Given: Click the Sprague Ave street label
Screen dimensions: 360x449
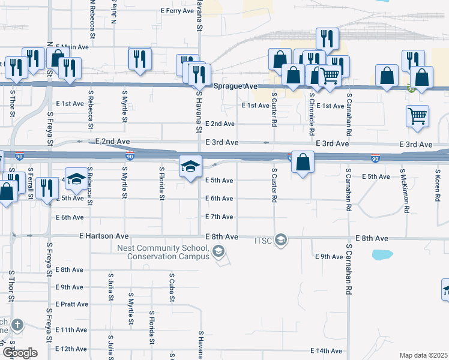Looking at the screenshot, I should click(x=235, y=86).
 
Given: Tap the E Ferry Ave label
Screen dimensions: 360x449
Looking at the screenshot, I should click(x=177, y=11).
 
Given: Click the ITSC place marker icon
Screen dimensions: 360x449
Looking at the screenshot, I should click(x=280, y=240).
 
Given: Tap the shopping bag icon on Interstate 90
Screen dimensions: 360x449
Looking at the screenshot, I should click(x=304, y=162).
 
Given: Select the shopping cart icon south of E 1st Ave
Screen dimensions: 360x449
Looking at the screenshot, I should click(x=417, y=116).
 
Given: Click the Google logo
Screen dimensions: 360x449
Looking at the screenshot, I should click(x=19, y=353).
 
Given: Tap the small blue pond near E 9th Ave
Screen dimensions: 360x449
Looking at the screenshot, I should click(x=381, y=254).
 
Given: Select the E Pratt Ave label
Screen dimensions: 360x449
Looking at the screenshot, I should click(x=71, y=304).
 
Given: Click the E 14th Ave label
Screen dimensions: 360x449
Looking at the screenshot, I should click(x=326, y=351).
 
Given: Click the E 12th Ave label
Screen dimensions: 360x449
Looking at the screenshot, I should click(x=71, y=349).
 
